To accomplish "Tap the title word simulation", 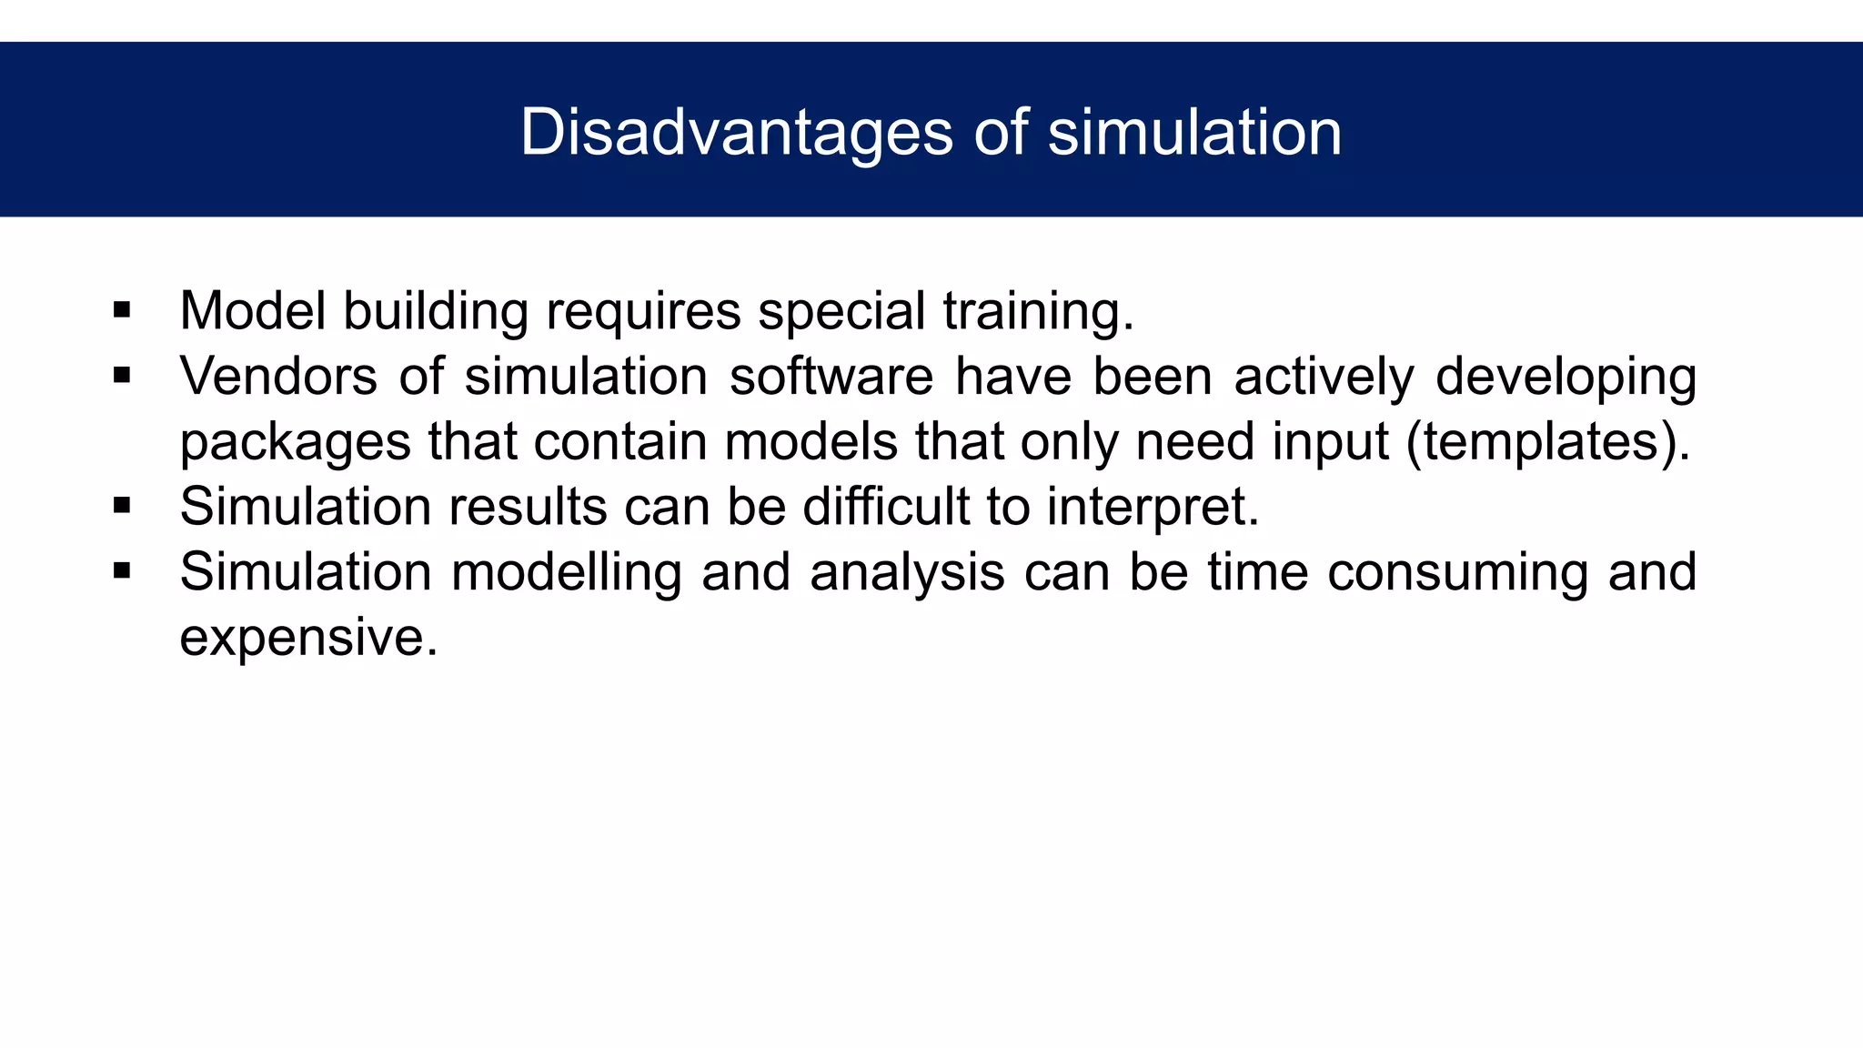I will (1194, 134).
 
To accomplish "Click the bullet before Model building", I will (122, 311).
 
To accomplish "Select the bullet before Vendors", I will (122, 376).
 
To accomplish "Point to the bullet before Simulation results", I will (122, 506).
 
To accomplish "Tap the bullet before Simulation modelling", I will (122, 571).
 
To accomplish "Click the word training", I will (1038, 312).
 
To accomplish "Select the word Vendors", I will (278, 376).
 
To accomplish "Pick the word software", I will (831, 376).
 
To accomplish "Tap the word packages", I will (296, 443).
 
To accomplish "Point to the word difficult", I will (886, 506).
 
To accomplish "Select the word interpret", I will (1152, 508).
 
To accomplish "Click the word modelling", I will (567, 573).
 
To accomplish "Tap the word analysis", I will (907, 573).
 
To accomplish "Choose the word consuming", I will (1457, 573).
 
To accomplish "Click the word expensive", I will (308, 638).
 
